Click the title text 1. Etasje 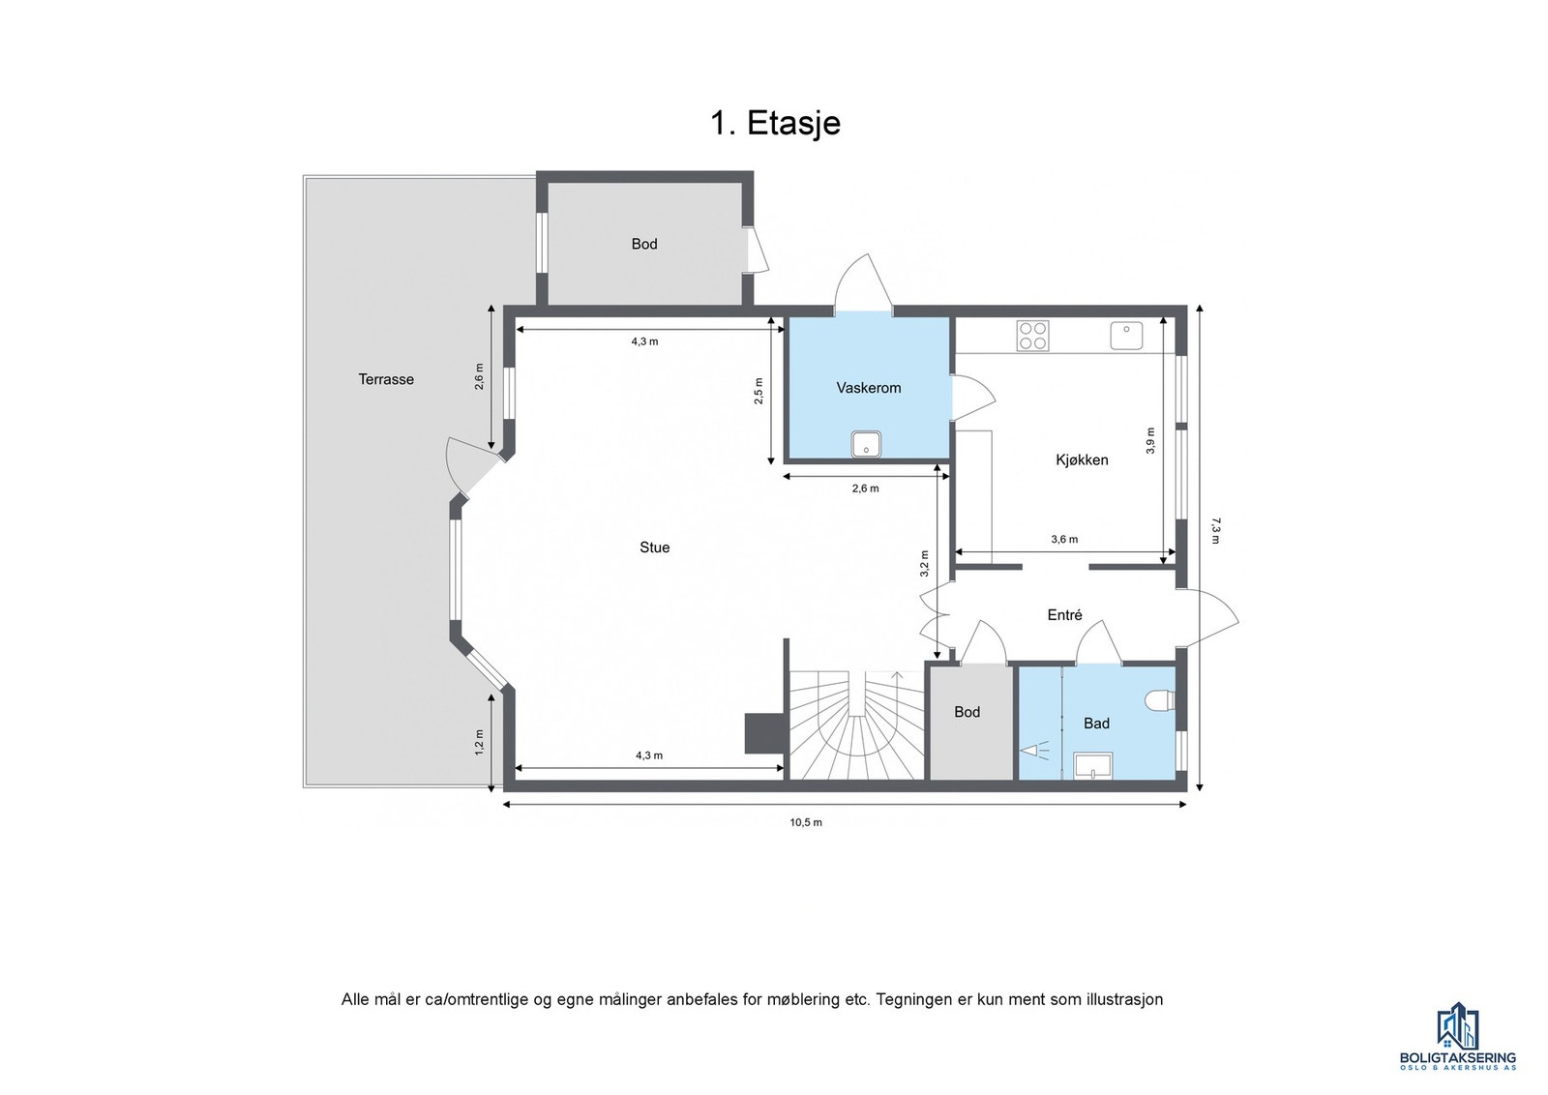tap(775, 123)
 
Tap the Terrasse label tap(386, 379)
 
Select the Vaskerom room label tap(868, 388)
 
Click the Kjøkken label tap(1082, 459)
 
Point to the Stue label tap(654, 547)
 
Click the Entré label tap(1064, 615)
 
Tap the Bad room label tap(1096, 724)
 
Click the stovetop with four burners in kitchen tap(1032, 336)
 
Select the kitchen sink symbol tap(1126, 336)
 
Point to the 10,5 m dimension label tap(805, 822)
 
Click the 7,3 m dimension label tap(1215, 530)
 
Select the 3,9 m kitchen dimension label tap(1150, 440)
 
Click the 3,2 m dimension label tap(924, 563)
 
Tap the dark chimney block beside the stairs tap(763, 733)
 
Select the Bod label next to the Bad tap(967, 712)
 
